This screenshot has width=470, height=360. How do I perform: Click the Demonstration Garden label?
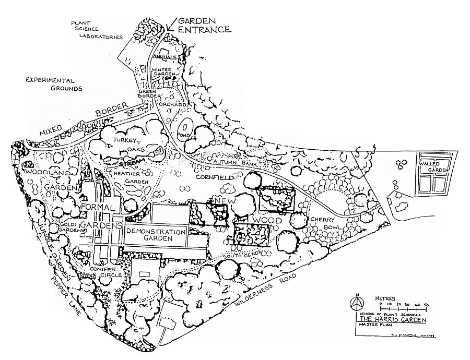point(156,234)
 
